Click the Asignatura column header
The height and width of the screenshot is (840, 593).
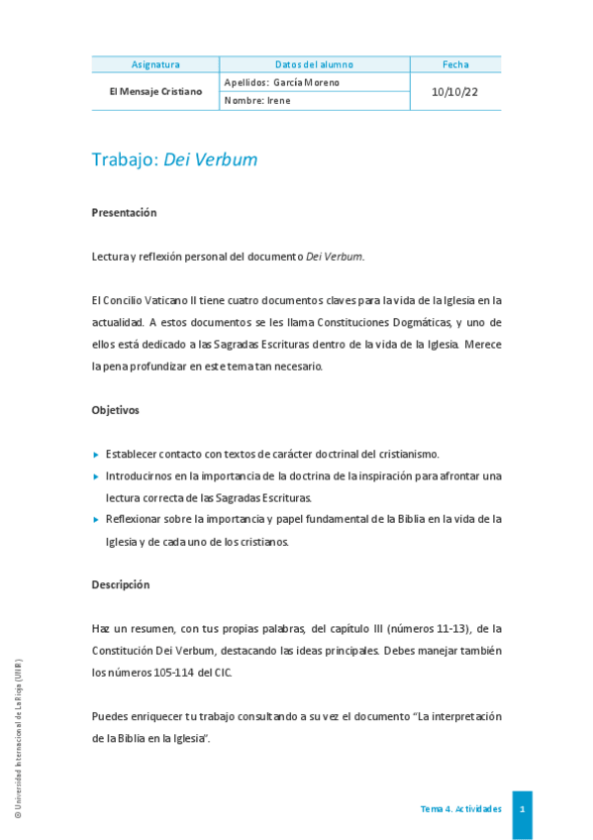[x=155, y=64]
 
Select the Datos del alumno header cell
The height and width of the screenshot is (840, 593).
[x=314, y=64]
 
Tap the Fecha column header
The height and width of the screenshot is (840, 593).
[x=455, y=64]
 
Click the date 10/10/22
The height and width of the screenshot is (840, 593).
[x=455, y=91]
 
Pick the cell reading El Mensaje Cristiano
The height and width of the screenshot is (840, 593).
[x=155, y=91]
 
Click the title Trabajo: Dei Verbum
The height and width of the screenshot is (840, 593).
[x=174, y=159]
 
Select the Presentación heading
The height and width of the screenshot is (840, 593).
[x=124, y=212]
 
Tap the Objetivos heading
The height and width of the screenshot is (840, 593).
[x=115, y=409]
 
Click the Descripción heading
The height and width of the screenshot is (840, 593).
[x=121, y=584]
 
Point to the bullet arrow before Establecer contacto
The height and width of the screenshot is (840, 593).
[x=96, y=455]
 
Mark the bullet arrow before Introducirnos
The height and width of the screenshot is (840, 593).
[x=96, y=476]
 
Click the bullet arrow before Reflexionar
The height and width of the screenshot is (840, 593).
[x=96, y=519]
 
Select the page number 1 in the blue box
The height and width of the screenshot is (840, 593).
[x=522, y=808]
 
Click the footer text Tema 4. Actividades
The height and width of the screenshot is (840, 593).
[x=460, y=809]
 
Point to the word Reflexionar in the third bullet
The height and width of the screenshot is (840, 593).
[x=138, y=519]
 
